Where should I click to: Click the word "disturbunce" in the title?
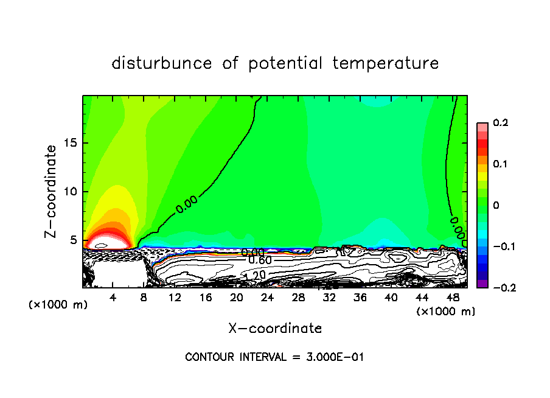pos(162,63)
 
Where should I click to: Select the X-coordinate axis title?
pos(275,329)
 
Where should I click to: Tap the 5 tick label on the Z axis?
pos(74,240)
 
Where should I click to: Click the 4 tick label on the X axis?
pos(113,298)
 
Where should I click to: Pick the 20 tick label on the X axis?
pos(237,298)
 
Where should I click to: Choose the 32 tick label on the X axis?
pos(329,298)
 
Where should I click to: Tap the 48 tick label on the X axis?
pos(453,298)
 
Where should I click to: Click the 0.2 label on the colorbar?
pos(500,123)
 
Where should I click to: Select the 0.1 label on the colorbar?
pos(500,164)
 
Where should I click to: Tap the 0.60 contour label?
pos(260,260)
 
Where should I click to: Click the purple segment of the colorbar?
pos(482,284)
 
